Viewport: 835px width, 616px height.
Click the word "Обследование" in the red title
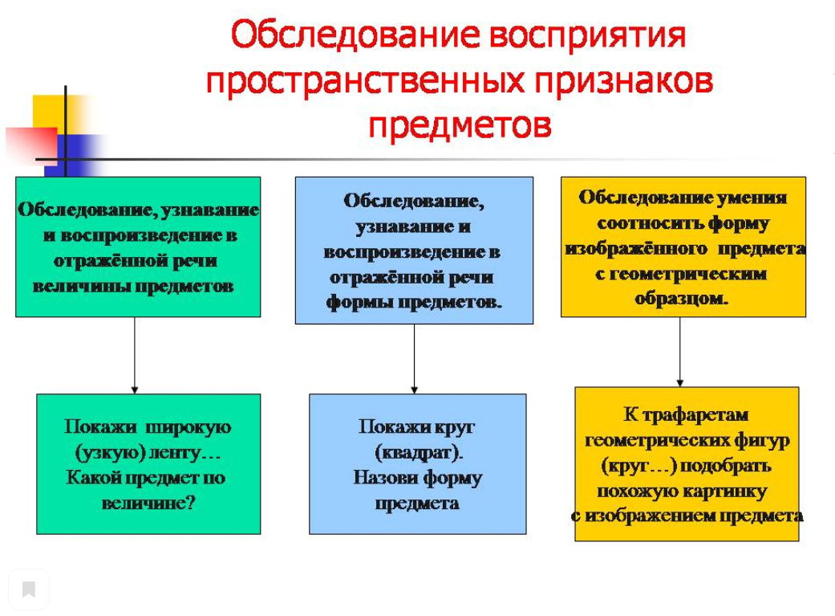click(x=355, y=35)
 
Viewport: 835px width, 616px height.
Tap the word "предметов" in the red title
click(x=460, y=126)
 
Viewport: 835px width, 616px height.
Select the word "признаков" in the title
click(x=623, y=81)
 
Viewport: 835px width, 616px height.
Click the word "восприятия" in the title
click(x=587, y=35)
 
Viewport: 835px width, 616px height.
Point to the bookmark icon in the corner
click(x=29, y=589)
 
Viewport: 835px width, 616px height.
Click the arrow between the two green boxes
click(x=135, y=355)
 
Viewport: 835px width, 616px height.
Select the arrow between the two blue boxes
click(x=415, y=359)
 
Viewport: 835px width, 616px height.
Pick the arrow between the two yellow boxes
click(x=680, y=352)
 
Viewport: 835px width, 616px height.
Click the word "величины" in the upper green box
click(x=80, y=287)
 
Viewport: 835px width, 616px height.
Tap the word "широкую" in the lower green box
click(x=188, y=427)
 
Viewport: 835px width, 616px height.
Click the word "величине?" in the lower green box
click(x=148, y=503)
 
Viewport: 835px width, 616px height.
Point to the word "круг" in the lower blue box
click(x=454, y=427)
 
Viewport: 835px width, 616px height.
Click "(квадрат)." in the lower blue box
click(x=419, y=453)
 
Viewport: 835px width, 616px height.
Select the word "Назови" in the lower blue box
click(x=386, y=477)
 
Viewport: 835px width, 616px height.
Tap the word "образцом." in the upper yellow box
click(x=681, y=298)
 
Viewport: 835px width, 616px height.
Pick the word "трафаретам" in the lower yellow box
click(x=695, y=415)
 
